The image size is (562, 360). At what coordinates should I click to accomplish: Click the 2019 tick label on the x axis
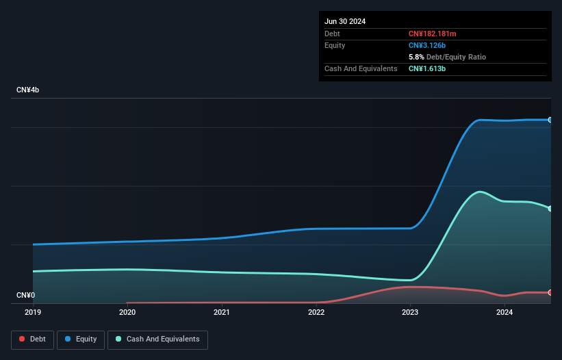point(33,312)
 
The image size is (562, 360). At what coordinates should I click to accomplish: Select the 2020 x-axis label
point(127,312)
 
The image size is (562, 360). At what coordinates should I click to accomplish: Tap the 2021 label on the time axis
point(221,312)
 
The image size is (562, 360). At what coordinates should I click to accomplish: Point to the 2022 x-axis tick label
point(316,312)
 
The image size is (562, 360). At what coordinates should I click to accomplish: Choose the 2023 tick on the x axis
point(410,312)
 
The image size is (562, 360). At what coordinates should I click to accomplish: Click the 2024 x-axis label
point(504,312)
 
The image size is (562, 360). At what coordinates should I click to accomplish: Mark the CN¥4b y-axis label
point(28,90)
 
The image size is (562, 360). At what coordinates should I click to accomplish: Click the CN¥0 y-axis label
point(25,296)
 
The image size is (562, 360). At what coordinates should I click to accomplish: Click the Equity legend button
point(81,339)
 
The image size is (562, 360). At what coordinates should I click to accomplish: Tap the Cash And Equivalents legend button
point(157,339)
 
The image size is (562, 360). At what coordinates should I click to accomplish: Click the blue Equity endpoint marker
point(550,120)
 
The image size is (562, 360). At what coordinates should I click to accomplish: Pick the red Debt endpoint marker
point(550,293)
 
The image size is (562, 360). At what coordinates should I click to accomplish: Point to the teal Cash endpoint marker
point(550,208)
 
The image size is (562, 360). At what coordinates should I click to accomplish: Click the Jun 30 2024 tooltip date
point(345,21)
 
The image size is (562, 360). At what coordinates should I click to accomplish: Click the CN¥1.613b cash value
point(427,68)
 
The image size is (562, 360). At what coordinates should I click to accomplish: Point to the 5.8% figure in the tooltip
point(416,57)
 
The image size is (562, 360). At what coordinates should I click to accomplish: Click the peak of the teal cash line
point(480,192)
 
